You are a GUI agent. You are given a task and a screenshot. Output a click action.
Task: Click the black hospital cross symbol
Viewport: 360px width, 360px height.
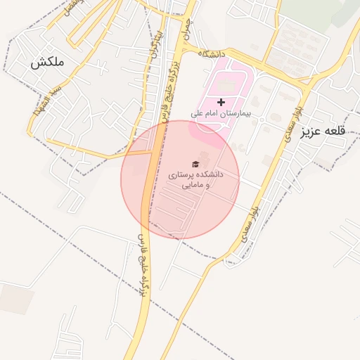[x=221, y=103]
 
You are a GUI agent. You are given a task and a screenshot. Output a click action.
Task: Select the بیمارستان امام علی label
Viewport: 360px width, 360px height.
[x=220, y=113]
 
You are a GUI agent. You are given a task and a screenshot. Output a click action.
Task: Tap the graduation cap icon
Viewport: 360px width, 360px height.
[x=195, y=163]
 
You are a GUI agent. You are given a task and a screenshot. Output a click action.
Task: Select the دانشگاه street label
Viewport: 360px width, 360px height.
[x=214, y=53]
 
